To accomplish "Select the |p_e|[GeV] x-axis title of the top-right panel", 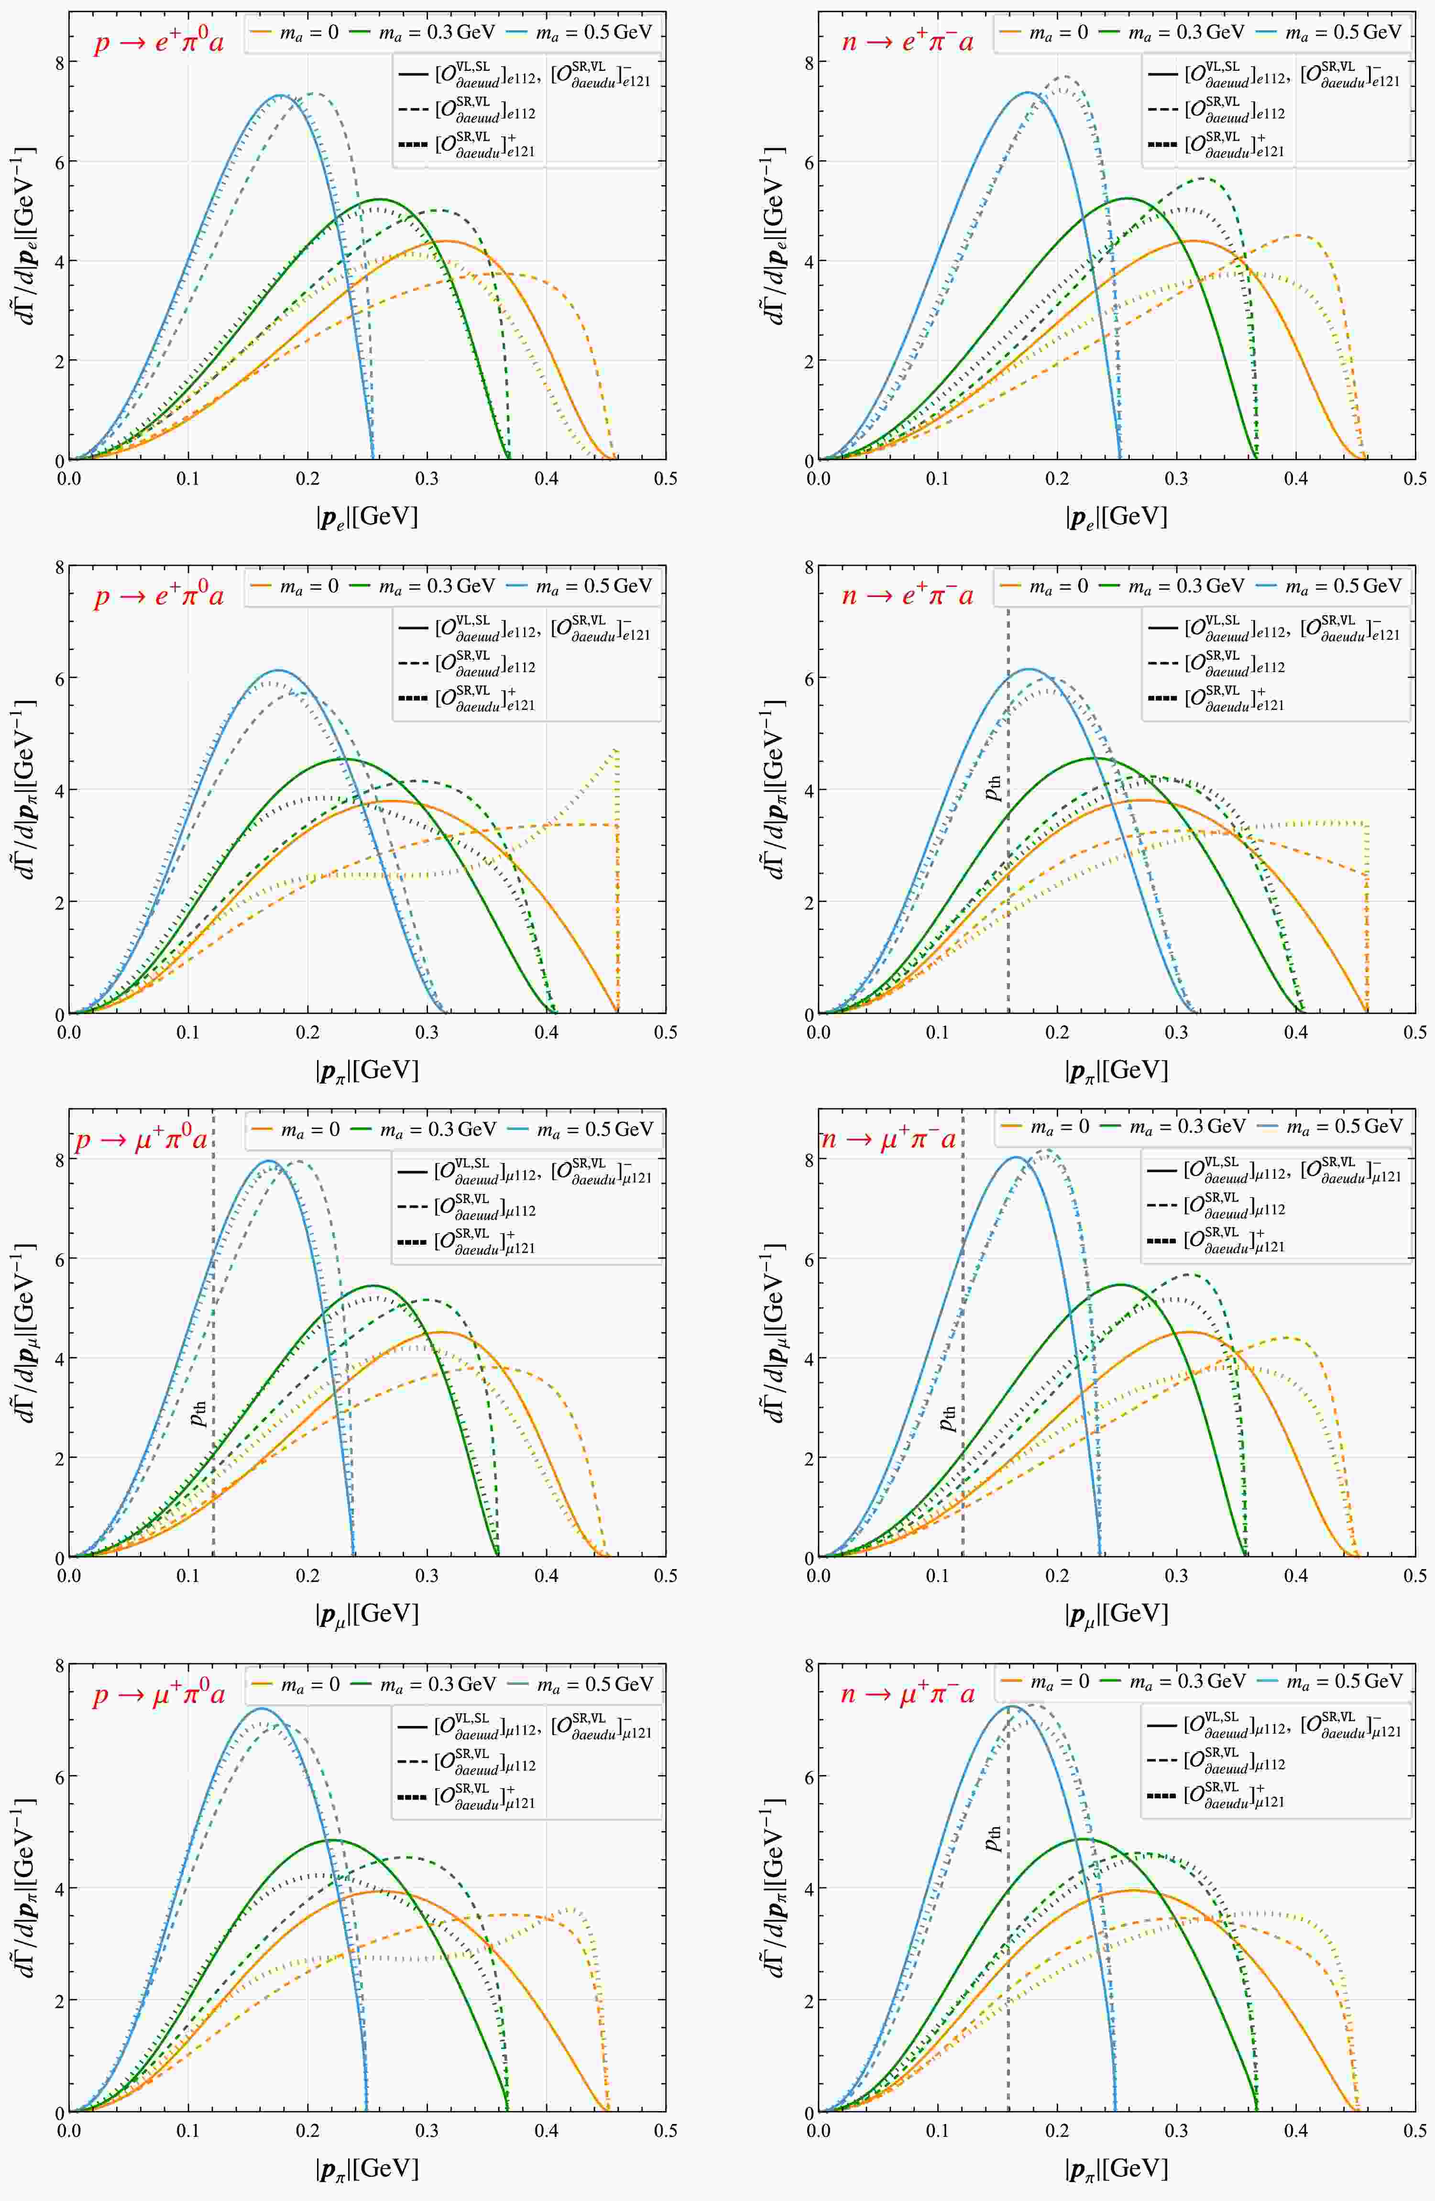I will click(x=1116, y=516).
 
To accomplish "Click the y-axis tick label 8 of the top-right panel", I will click(x=807, y=63).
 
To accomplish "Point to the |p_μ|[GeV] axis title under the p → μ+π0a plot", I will click(x=367, y=1614).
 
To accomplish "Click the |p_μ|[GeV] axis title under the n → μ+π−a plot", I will click(x=1116, y=1614).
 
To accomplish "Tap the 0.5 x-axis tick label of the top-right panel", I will click(x=1414, y=478).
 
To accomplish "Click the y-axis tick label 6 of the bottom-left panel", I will click(x=58, y=1776).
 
